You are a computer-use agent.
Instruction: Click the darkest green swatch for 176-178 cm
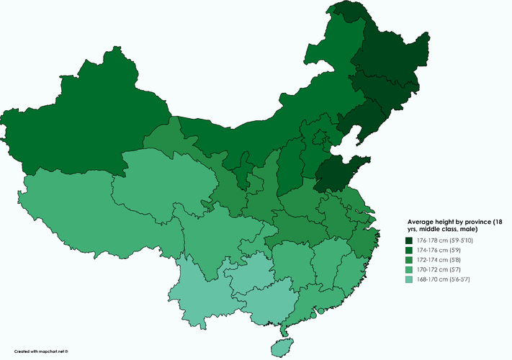click(x=408, y=240)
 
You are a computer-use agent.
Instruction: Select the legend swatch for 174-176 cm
click(x=408, y=250)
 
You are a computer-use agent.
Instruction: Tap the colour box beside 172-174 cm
click(x=408, y=260)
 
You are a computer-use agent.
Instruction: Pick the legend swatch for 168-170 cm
click(x=408, y=279)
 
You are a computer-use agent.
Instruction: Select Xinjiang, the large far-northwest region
click(x=86, y=122)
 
